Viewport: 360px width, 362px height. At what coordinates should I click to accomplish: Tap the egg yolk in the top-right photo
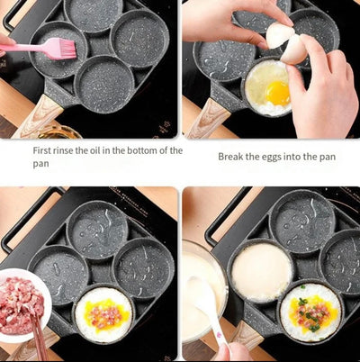(278, 93)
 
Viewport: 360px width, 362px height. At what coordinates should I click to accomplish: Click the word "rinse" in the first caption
(63, 150)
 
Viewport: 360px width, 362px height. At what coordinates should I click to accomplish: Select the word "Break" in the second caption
(229, 157)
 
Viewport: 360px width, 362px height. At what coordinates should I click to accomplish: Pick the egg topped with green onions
(311, 312)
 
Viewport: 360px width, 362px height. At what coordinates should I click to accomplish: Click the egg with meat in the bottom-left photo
(103, 315)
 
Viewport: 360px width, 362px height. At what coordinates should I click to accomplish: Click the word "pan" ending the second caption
(328, 158)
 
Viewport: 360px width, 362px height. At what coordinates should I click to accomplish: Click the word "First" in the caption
(41, 150)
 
